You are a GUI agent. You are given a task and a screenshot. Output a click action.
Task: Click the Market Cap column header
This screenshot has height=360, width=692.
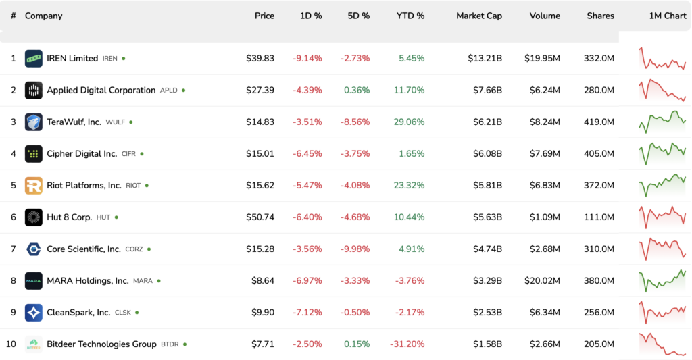tap(478, 16)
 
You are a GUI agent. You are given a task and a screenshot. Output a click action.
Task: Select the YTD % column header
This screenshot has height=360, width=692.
tap(410, 16)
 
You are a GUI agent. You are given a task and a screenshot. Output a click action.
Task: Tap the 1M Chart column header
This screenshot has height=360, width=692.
tap(667, 16)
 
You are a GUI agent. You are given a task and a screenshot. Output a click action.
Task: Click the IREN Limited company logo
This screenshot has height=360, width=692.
tap(34, 59)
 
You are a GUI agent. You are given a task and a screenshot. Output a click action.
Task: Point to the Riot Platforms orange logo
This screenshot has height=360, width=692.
tap(34, 186)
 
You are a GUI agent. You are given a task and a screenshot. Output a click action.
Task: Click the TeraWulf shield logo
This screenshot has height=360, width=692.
tap(34, 122)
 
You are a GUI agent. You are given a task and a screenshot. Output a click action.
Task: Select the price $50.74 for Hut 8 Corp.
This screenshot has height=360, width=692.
tap(260, 217)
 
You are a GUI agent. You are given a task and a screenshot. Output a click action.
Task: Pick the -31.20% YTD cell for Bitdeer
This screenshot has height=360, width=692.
tap(407, 344)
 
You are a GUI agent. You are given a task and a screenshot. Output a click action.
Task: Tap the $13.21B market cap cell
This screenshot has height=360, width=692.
tap(485, 59)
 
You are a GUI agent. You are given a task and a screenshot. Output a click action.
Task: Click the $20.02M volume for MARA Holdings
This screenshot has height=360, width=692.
tap(542, 281)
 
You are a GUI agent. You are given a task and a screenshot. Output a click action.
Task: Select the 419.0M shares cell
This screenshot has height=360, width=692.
tap(599, 122)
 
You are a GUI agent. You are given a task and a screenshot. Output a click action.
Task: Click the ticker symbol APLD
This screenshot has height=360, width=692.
tap(168, 91)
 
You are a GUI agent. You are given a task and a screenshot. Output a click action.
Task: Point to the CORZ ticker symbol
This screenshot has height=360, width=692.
tap(134, 249)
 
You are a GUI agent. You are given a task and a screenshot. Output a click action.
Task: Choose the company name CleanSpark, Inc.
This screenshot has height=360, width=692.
tap(78, 313)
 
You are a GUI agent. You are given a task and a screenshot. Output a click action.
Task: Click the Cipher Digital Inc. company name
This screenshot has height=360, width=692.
tap(82, 154)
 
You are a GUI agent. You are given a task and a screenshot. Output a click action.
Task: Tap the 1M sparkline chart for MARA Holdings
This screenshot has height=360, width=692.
tap(662, 281)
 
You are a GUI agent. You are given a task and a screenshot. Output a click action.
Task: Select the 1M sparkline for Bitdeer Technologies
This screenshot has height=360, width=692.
tap(662, 344)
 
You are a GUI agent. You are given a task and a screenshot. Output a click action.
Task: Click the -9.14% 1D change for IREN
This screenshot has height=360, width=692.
tap(307, 59)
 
